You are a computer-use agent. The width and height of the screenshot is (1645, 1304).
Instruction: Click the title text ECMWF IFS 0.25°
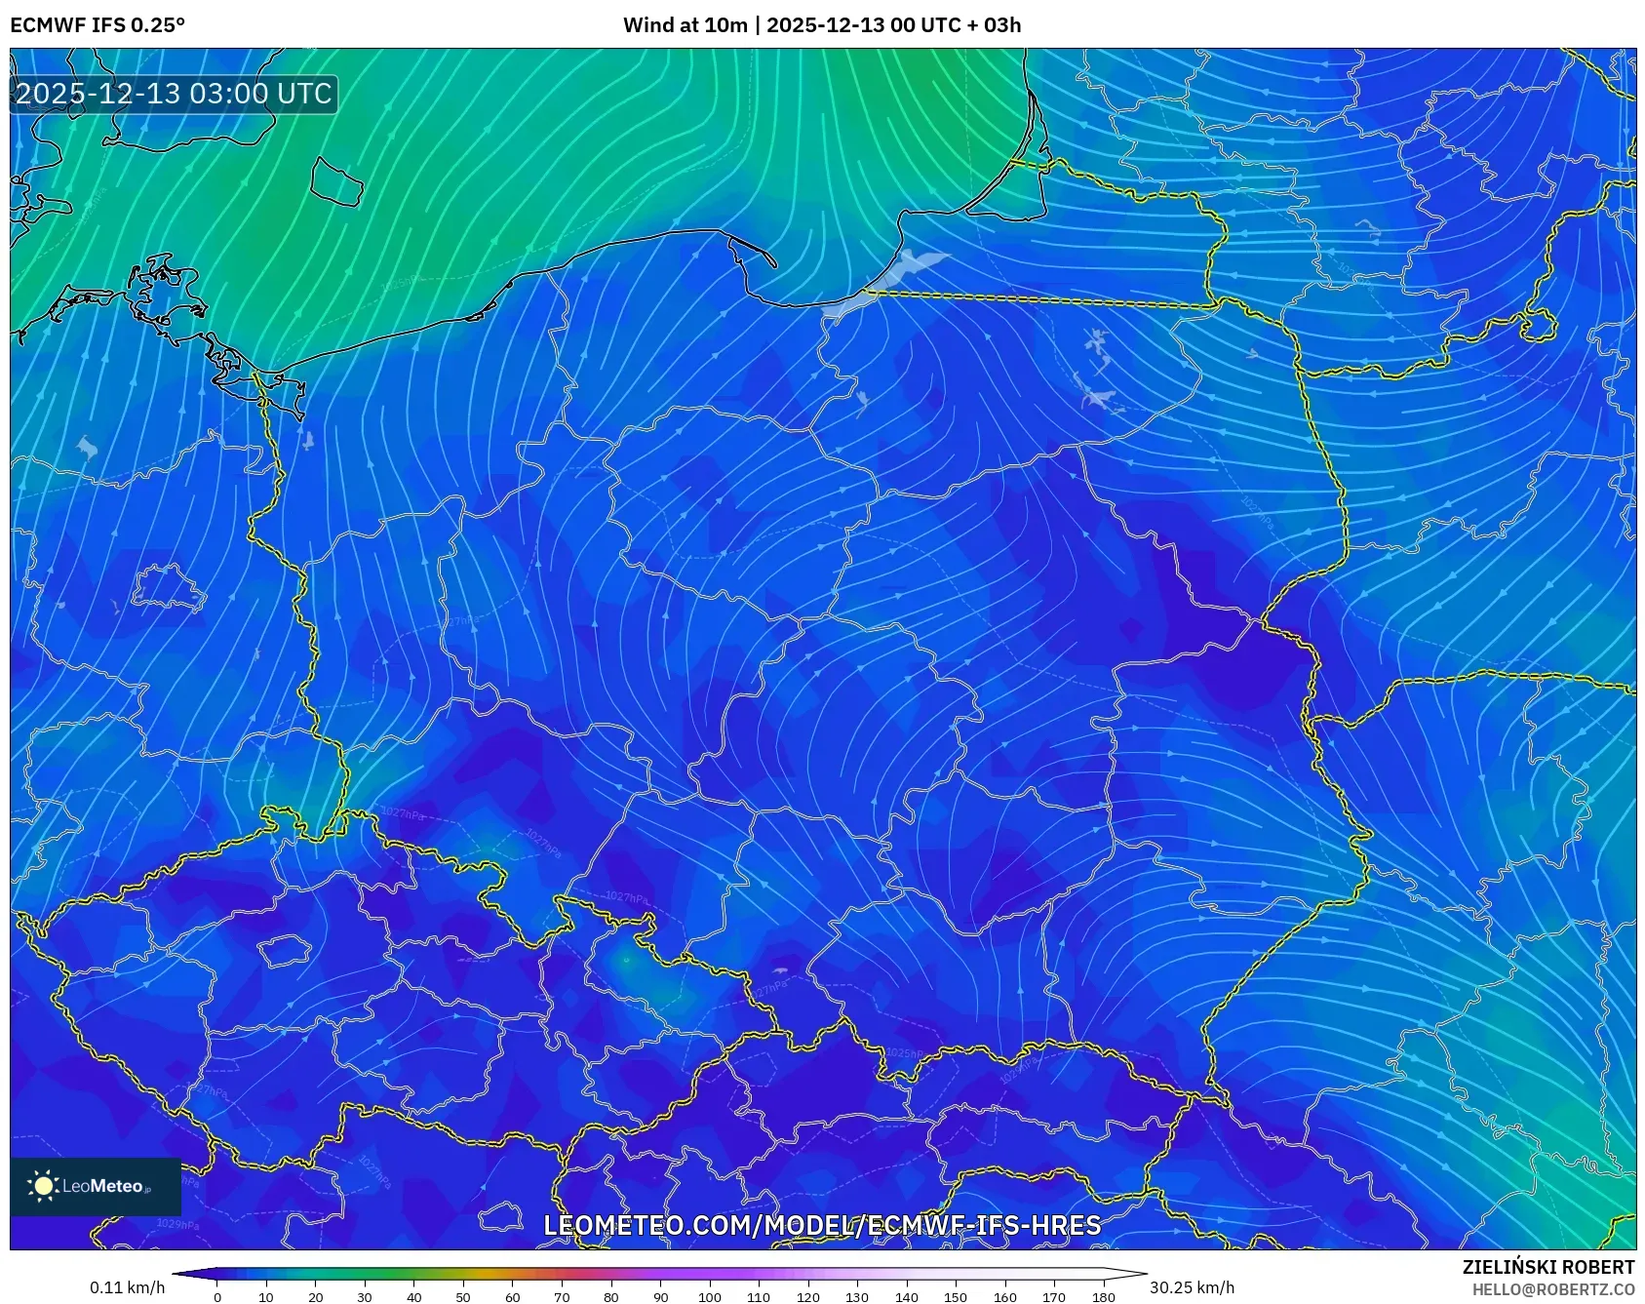(x=97, y=25)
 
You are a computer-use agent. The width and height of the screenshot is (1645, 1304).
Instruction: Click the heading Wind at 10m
(x=685, y=25)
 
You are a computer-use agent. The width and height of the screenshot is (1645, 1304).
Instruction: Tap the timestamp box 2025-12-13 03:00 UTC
(x=174, y=94)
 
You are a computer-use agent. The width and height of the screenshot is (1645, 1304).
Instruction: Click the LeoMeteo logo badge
(x=96, y=1186)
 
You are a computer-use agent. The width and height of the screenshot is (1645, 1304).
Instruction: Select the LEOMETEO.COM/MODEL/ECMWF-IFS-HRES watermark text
(x=822, y=1225)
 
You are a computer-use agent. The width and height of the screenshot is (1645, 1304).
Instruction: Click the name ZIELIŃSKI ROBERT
(x=1547, y=1267)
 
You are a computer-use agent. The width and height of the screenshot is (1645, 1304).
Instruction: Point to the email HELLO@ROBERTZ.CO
(x=1552, y=1289)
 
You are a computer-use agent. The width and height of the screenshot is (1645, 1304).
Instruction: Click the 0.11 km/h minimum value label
(x=127, y=1287)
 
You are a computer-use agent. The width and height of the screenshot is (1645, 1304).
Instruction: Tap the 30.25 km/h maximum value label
(x=1192, y=1287)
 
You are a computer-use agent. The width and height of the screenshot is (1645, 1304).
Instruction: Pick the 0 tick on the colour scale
(x=216, y=1297)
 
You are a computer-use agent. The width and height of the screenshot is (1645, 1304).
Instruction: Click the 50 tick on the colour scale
(x=463, y=1297)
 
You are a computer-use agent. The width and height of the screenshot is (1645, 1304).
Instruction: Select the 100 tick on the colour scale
(x=709, y=1297)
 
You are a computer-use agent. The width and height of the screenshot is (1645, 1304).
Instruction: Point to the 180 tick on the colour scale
(x=1103, y=1297)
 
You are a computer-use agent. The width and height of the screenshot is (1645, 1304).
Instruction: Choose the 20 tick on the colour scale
(x=315, y=1297)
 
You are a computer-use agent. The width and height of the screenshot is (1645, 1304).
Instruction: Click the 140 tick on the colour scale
(x=906, y=1297)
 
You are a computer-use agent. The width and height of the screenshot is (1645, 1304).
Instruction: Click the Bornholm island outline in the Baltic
(x=336, y=181)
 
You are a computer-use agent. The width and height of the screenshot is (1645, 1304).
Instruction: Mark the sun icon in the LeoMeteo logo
(x=43, y=1186)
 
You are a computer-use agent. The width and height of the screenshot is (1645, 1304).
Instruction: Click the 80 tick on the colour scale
(x=610, y=1297)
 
